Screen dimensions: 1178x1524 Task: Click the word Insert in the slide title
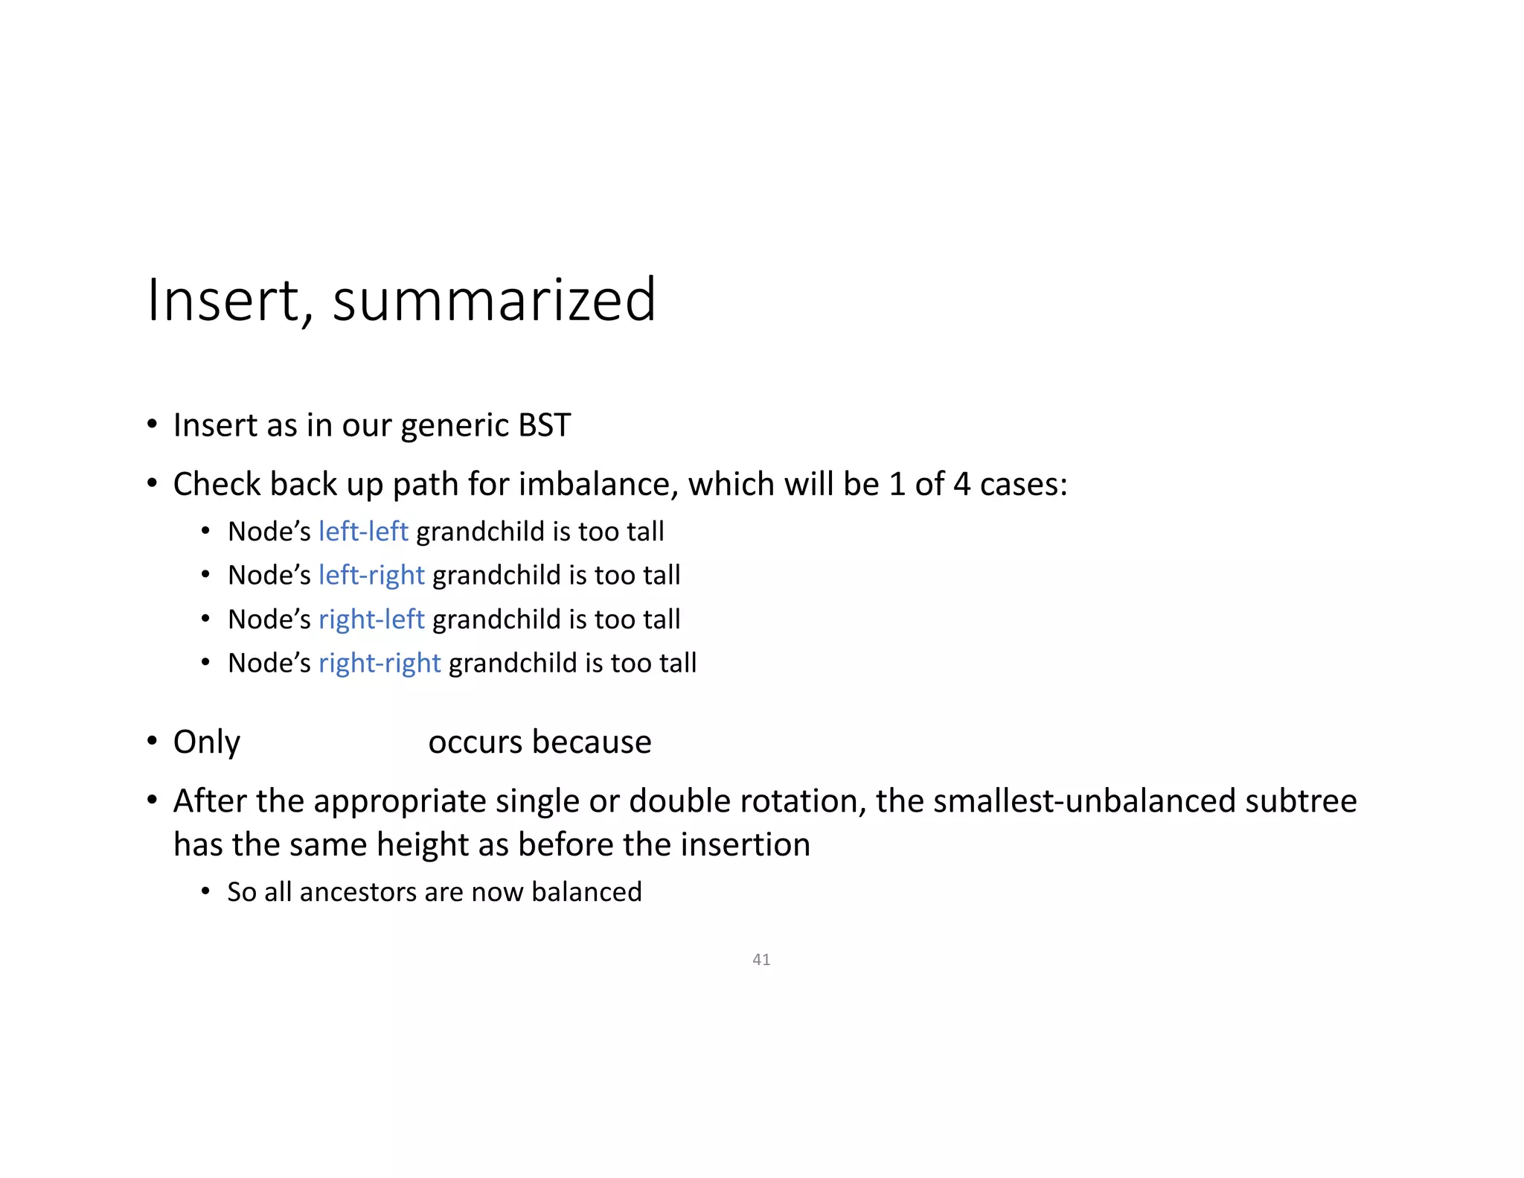pyautogui.click(x=222, y=300)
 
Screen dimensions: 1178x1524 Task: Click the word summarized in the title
pyautogui.click(x=494, y=300)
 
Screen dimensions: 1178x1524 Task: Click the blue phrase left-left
pyautogui.click(x=363, y=532)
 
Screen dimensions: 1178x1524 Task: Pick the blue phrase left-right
pyautogui.click(x=371, y=576)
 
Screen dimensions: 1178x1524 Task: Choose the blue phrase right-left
pyautogui.click(x=371, y=620)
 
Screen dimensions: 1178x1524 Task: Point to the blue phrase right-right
pyautogui.click(x=380, y=663)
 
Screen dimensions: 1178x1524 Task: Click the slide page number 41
pyautogui.click(x=761, y=960)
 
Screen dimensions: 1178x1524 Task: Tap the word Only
pyautogui.click(x=207, y=742)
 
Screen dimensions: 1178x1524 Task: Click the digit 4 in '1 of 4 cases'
pyautogui.click(x=961, y=485)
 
